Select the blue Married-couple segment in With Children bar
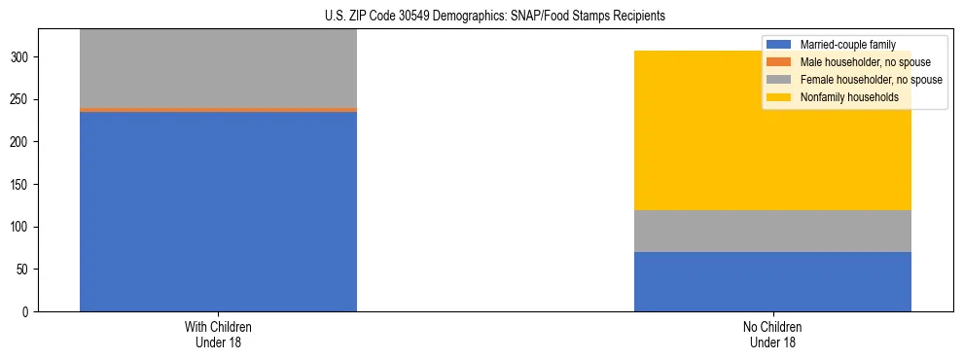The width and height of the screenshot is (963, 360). point(218,211)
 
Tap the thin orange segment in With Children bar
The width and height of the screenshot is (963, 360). point(218,110)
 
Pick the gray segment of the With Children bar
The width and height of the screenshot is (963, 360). point(218,68)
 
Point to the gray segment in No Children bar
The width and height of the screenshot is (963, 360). point(772,232)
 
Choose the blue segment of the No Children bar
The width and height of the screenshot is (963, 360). point(772,282)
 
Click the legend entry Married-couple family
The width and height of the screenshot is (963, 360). point(847,45)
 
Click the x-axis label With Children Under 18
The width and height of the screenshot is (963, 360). point(218,334)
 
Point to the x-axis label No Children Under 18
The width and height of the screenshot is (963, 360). point(772,334)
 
